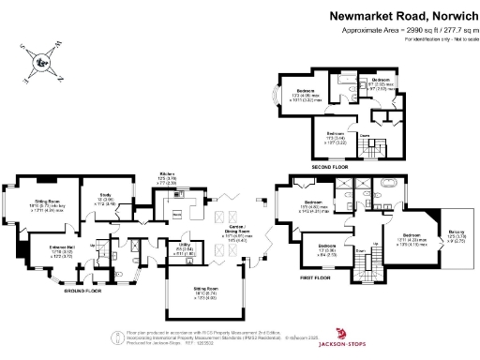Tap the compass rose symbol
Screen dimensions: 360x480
coord(41,63)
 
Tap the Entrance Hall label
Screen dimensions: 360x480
coord(37,251)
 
